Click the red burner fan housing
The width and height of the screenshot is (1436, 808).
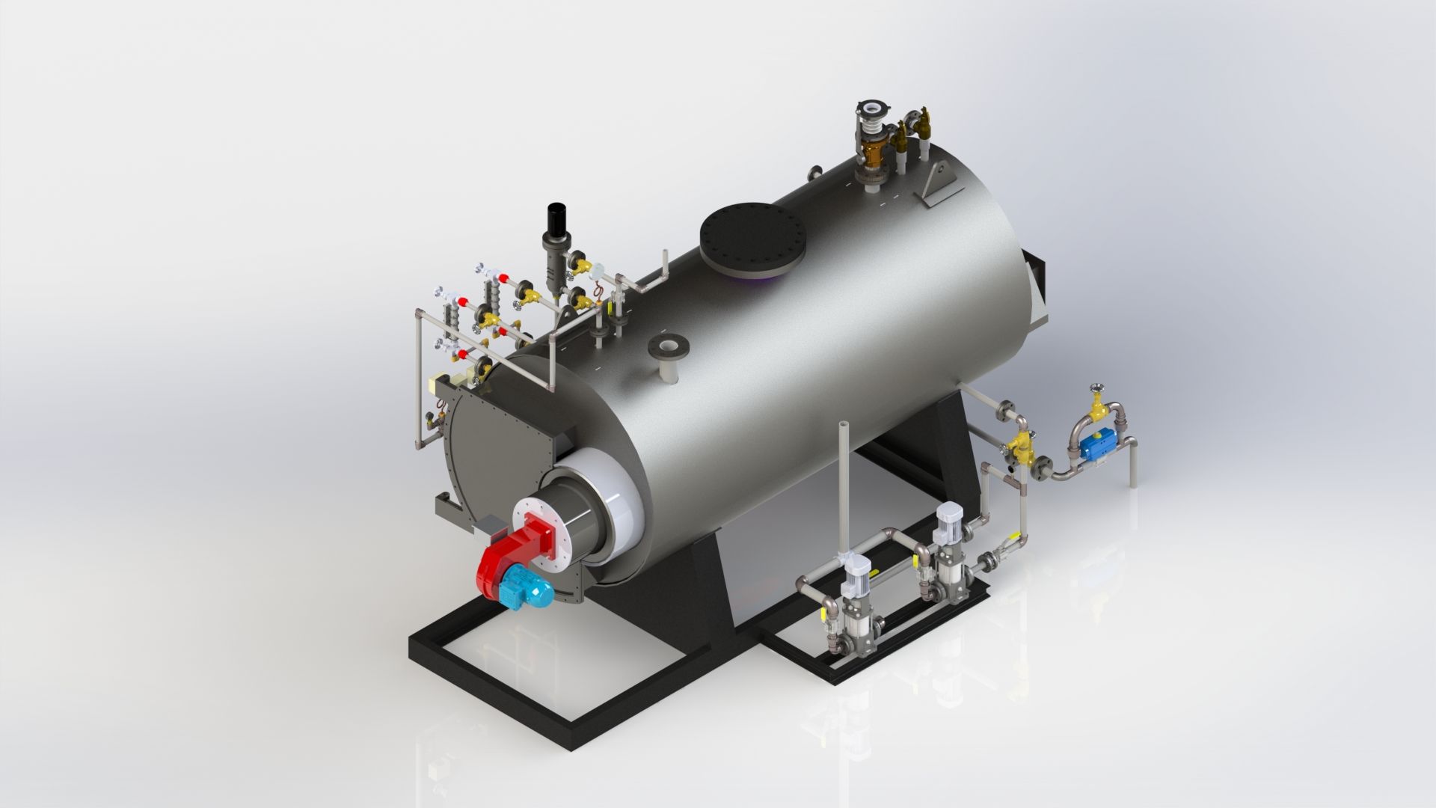pyautogui.click(x=516, y=554)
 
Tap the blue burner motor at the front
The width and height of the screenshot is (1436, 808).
pyautogui.click(x=524, y=587)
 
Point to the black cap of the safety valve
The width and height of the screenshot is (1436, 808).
pyautogui.click(x=555, y=216)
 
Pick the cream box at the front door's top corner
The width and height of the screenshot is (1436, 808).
pyautogui.click(x=436, y=386)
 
